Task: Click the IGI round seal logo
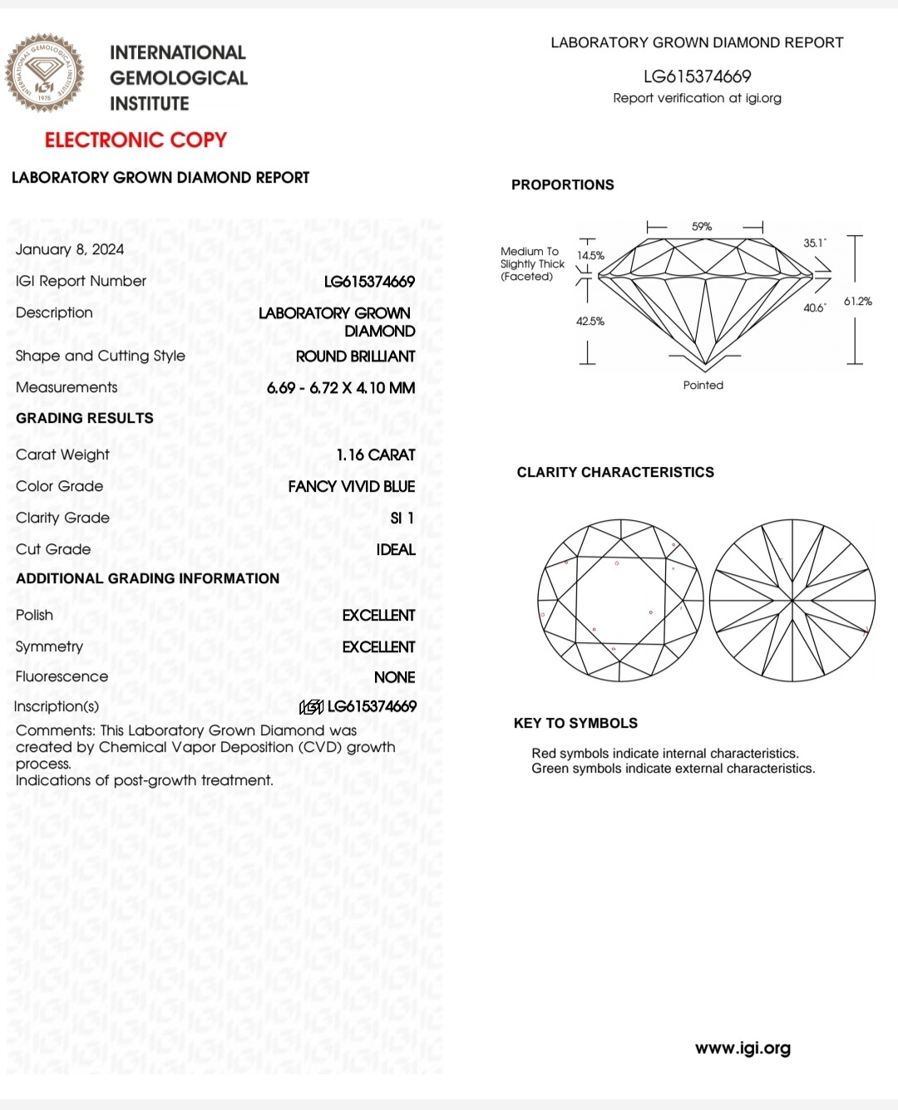point(45,73)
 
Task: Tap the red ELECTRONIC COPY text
point(136,140)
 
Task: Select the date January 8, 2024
point(70,249)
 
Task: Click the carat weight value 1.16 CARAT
point(376,454)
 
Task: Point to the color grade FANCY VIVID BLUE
point(352,486)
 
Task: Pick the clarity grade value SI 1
point(402,518)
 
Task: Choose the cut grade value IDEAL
point(396,549)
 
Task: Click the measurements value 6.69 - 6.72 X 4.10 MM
point(341,387)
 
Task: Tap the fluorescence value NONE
point(395,677)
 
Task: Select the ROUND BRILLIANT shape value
point(356,356)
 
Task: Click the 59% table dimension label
point(702,226)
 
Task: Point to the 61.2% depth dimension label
point(858,301)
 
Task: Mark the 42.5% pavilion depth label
point(590,321)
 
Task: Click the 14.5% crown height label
point(590,255)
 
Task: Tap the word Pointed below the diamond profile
point(703,385)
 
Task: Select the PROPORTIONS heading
point(563,184)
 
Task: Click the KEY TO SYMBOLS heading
point(576,723)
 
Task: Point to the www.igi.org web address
point(743,1048)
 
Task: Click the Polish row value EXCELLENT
point(378,615)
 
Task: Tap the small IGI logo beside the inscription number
point(311,707)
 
